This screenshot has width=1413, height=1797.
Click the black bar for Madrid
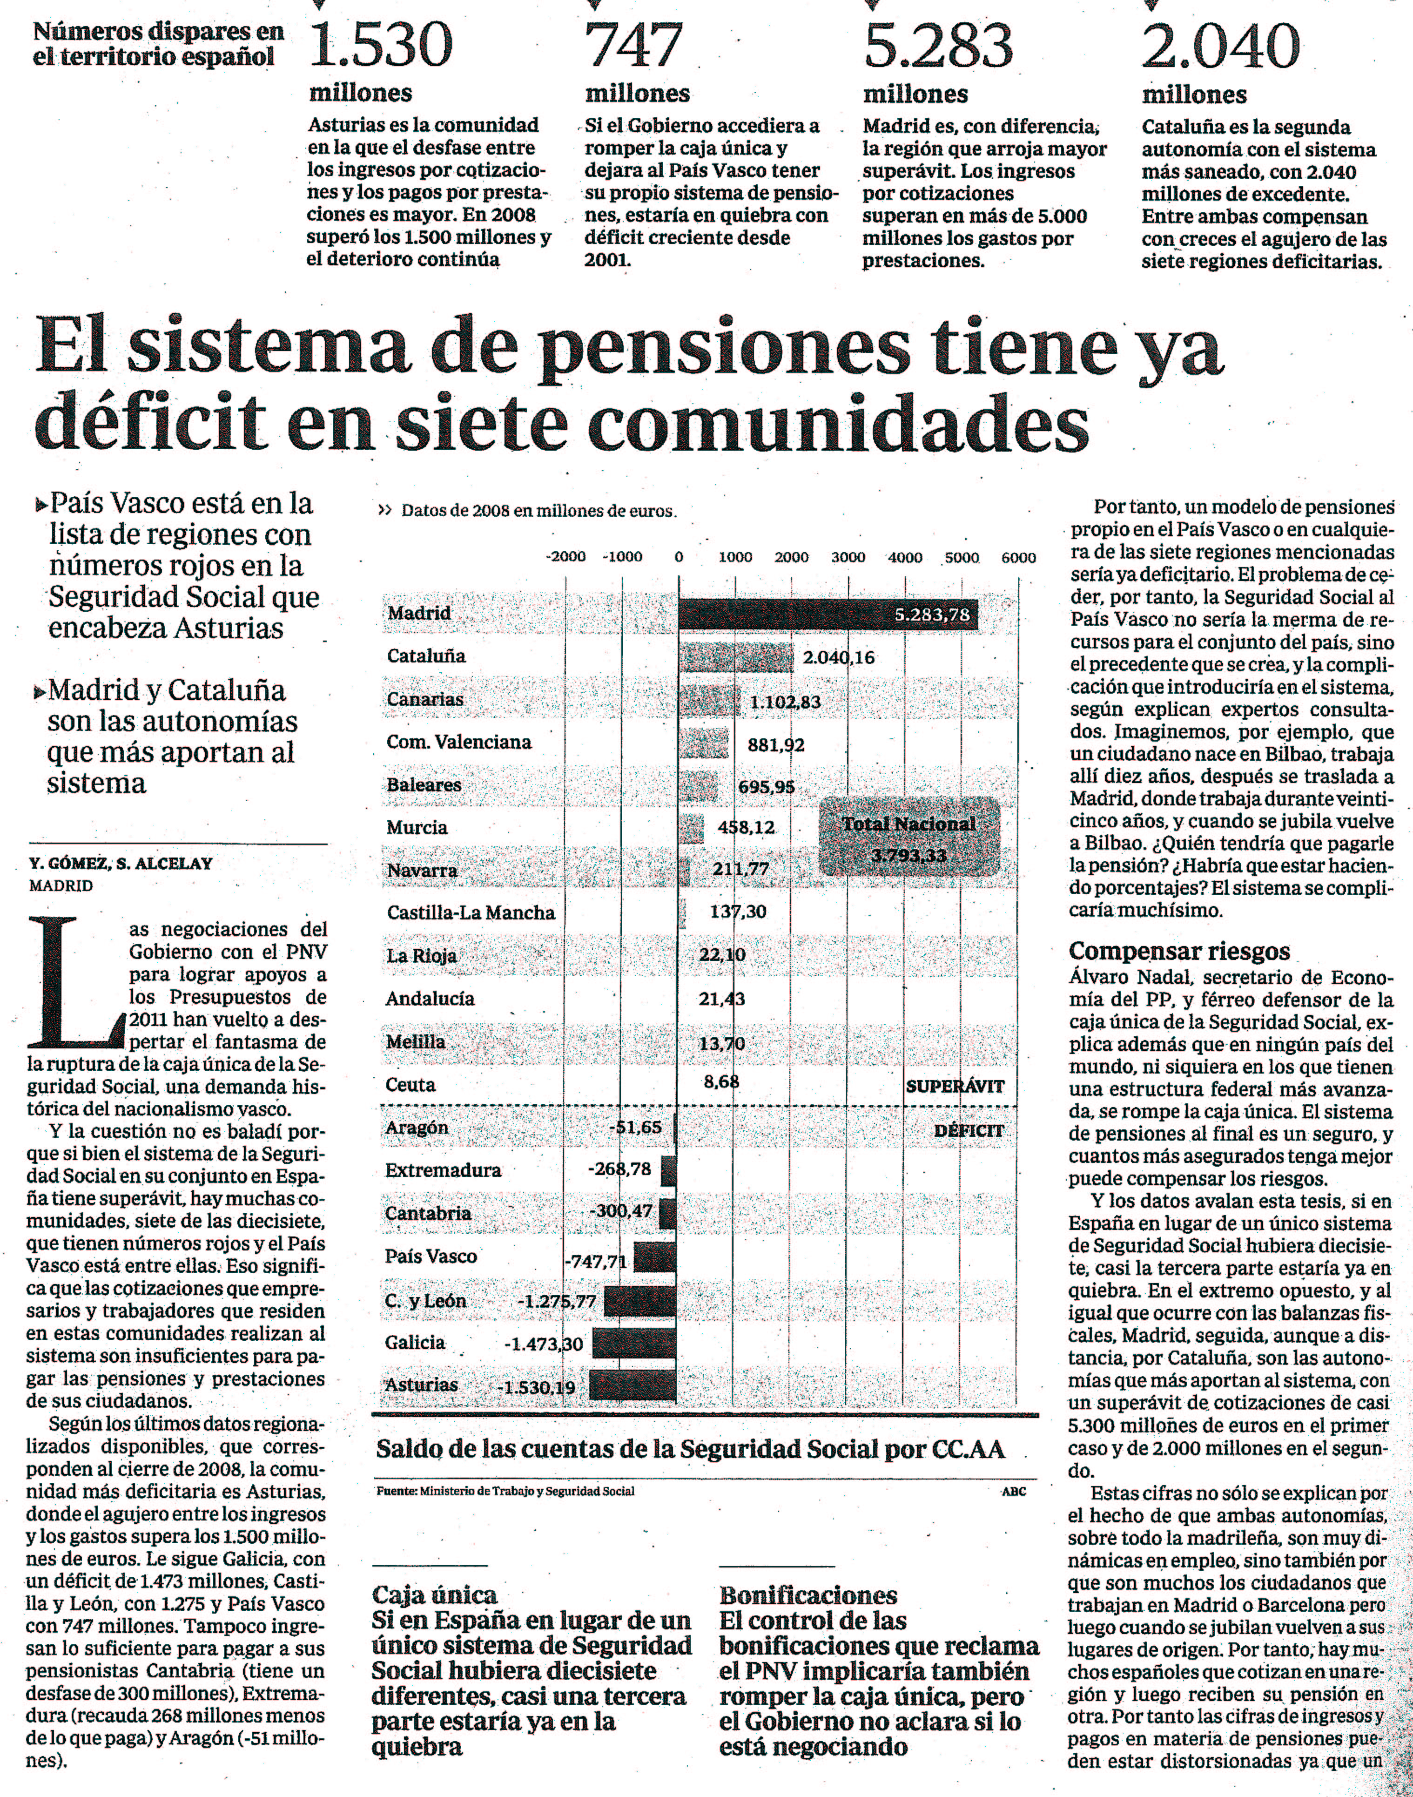(x=828, y=615)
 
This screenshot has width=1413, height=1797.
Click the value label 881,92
(x=776, y=744)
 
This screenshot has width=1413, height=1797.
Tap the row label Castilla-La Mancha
(x=471, y=912)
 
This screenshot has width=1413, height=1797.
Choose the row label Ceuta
(x=410, y=1085)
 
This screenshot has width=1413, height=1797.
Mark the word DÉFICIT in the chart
(x=968, y=1130)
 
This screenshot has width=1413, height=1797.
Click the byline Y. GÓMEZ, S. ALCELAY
(x=121, y=864)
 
